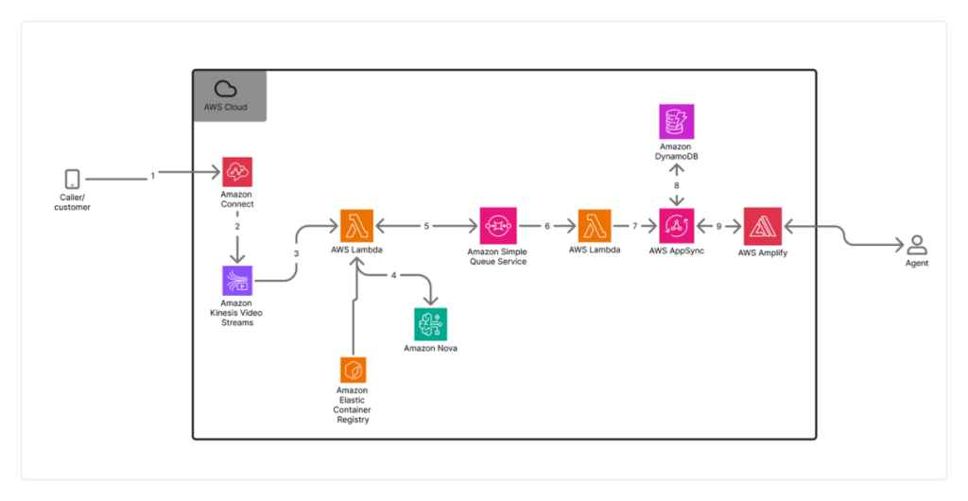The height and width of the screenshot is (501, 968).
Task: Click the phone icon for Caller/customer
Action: click(x=72, y=178)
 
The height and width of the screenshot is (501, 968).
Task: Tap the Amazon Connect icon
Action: click(x=237, y=172)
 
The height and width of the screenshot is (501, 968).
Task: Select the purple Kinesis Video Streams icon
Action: click(x=237, y=281)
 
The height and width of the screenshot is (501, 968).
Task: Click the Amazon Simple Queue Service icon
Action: click(x=497, y=226)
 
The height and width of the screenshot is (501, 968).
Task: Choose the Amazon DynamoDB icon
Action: click(x=676, y=121)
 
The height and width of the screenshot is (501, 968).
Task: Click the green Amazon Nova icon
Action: click(x=431, y=323)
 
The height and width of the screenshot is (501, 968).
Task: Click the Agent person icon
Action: click(x=916, y=245)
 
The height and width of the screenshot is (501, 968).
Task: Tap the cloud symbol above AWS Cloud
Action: click(x=225, y=89)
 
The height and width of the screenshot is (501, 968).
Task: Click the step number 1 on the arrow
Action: click(x=152, y=176)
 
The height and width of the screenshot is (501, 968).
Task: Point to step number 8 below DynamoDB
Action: click(x=677, y=185)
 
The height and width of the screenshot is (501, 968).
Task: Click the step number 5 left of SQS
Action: click(x=426, y=227)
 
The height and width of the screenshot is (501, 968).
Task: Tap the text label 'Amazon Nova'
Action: click(x=431, y=349)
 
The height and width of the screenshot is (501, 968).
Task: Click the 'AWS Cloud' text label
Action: click(x=225, y=108)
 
